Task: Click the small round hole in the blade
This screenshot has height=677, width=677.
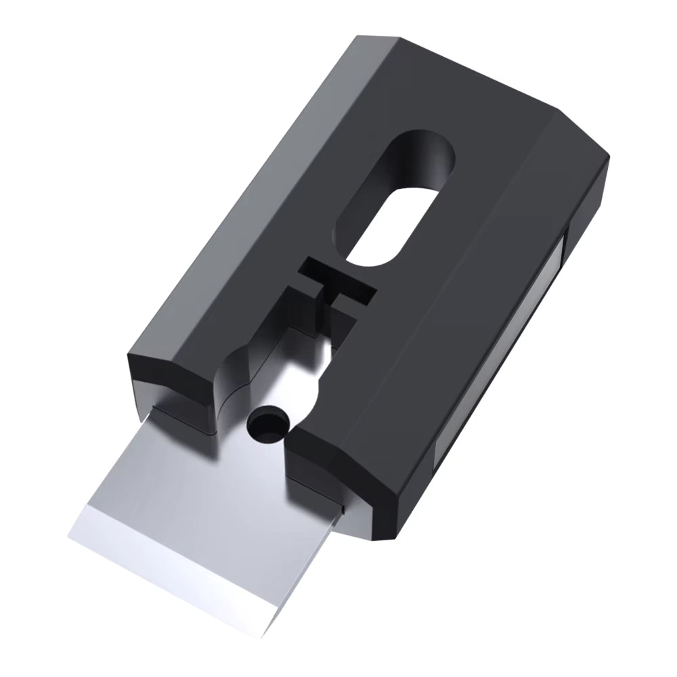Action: coord(266,424)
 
